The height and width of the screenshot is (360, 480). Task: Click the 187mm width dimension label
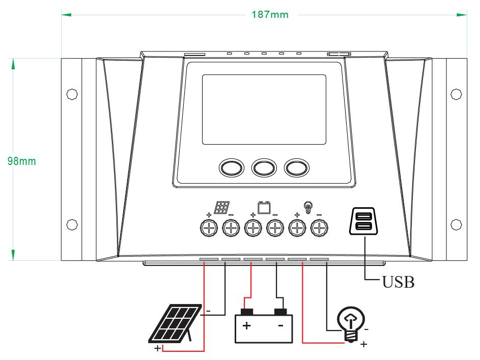point(270,14)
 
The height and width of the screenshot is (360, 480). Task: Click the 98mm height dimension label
point(22,161)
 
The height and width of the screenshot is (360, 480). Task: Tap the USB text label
point(398,282)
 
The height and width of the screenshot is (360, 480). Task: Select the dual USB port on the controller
point(364,222)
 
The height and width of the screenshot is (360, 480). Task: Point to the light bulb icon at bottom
point(351,322)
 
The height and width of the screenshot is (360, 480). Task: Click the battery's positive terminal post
point(247,312)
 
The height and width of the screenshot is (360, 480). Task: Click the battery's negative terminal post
point(280,312)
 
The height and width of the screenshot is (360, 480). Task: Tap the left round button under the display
point(231,168)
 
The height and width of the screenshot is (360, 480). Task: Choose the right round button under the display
point(297,168)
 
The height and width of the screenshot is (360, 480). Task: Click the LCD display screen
point(264,109)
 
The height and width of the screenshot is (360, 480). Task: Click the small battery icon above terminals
point(264,208)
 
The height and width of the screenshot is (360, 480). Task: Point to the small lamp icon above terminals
point(307,207)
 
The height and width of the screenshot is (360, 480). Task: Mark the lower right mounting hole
point(456,224)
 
